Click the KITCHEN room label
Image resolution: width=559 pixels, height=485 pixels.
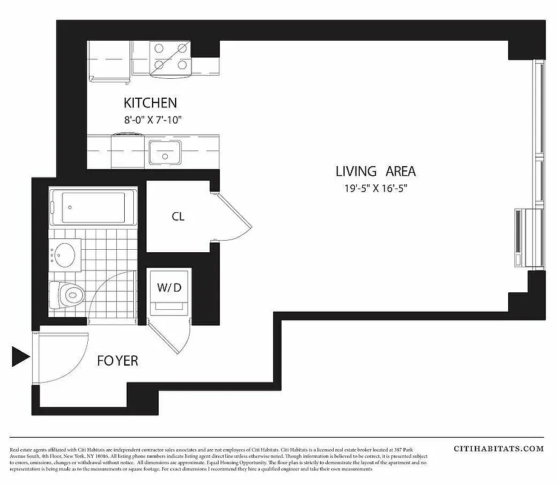pos(150,103)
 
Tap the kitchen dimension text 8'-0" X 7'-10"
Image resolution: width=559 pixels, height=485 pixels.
pos(153,120)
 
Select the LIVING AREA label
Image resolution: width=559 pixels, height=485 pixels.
pos(375,172)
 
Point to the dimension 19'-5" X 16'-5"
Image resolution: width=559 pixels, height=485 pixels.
pos(375,188)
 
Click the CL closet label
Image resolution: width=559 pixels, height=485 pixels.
pos(177,216)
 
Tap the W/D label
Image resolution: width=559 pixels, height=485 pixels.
pos(170,287)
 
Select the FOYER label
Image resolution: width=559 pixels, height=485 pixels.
pos(117,361)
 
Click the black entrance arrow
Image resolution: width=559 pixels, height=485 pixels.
pos(21,357)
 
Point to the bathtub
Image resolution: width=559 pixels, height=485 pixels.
pos(91,208)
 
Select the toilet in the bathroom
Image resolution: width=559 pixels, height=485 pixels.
pos(68,295)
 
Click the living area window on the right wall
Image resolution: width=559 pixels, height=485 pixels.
pos(538,133)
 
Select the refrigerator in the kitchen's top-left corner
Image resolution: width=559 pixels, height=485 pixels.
pos(109,61)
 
